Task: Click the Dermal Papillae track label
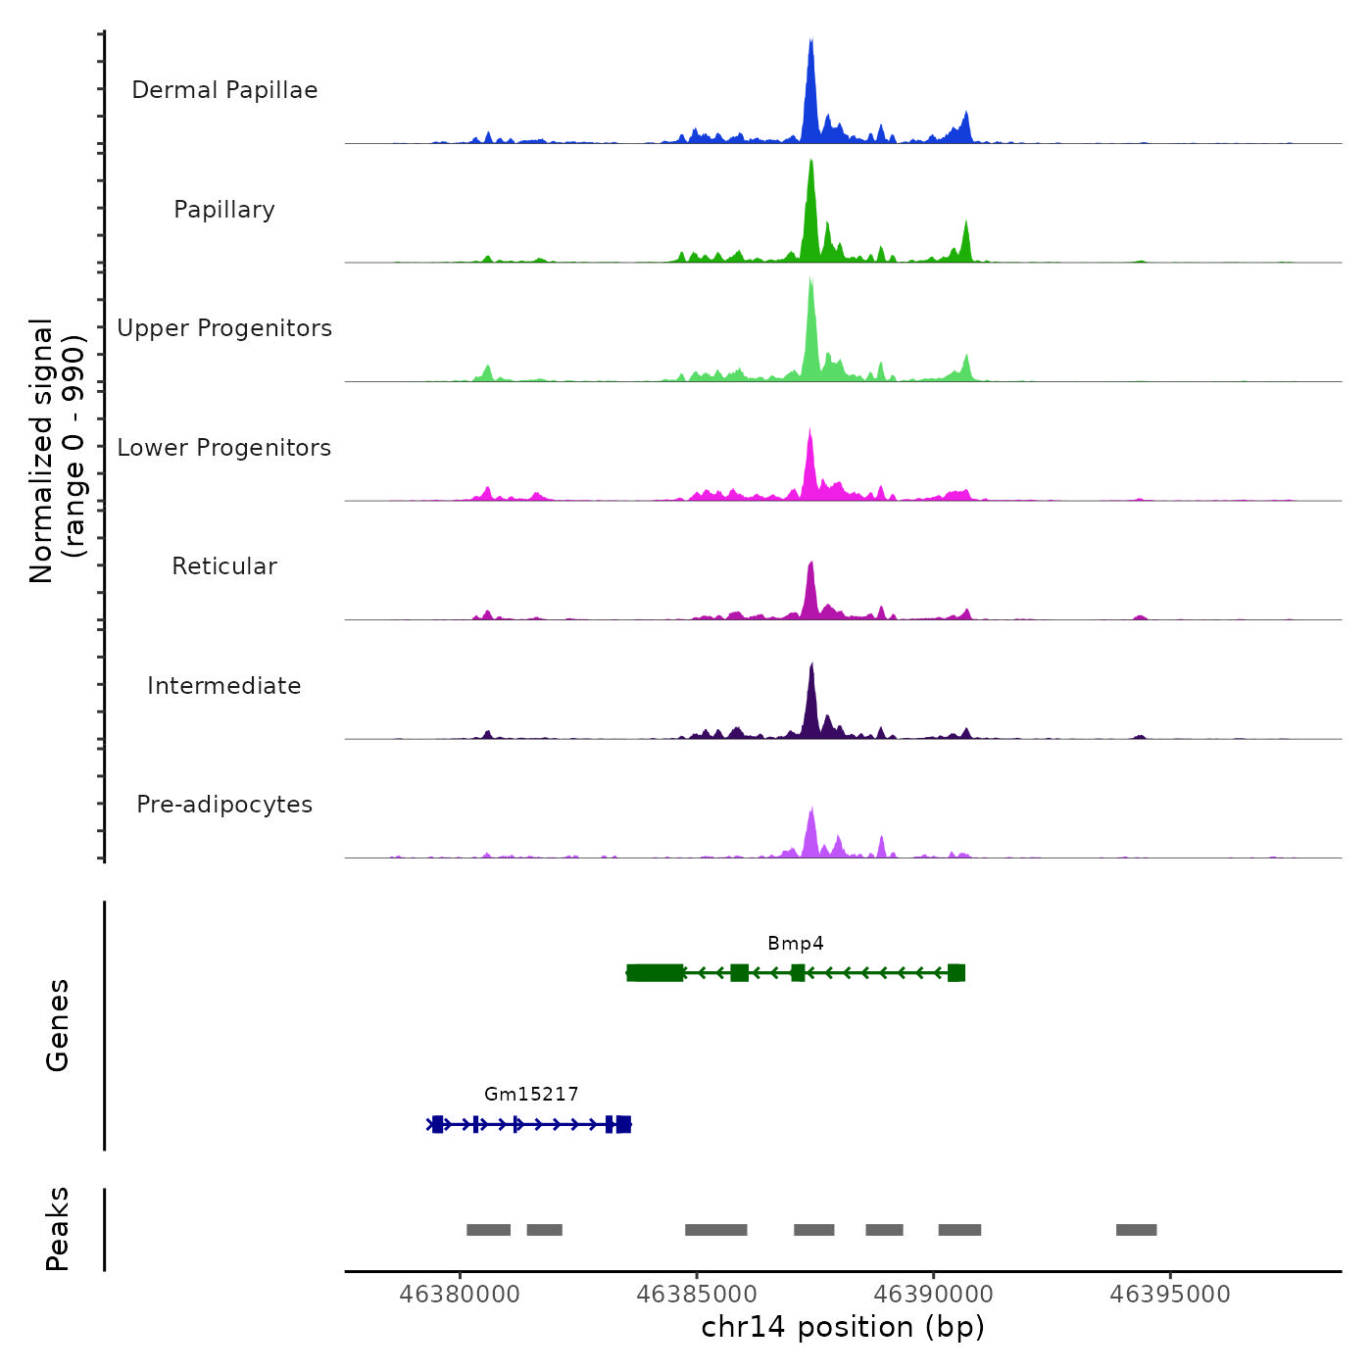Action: tap(224, 90)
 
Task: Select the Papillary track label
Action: tap(224, 210)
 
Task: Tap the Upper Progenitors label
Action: tap(224, 328)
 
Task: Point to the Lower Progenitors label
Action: tap(224, 448)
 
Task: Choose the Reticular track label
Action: tap(224, 566)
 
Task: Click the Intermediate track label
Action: tap(224, 686)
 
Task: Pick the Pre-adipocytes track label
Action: tap(224, 805)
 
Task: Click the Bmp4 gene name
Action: tap(795, 944)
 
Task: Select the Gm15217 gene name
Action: tap(531, 1094)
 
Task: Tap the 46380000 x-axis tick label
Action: tap(460, 1295)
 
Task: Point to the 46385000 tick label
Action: tap(697, 1295)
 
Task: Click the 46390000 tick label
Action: tap(933, 1295)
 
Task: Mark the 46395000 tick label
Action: tap(1170, 1295)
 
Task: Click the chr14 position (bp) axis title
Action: tap(843, 1327)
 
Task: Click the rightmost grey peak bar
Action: tap(1136, 1230)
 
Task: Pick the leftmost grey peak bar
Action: tap(488, 1230)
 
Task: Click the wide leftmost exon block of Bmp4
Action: tap(656, 972)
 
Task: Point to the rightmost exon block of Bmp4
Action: tap(956, 972)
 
